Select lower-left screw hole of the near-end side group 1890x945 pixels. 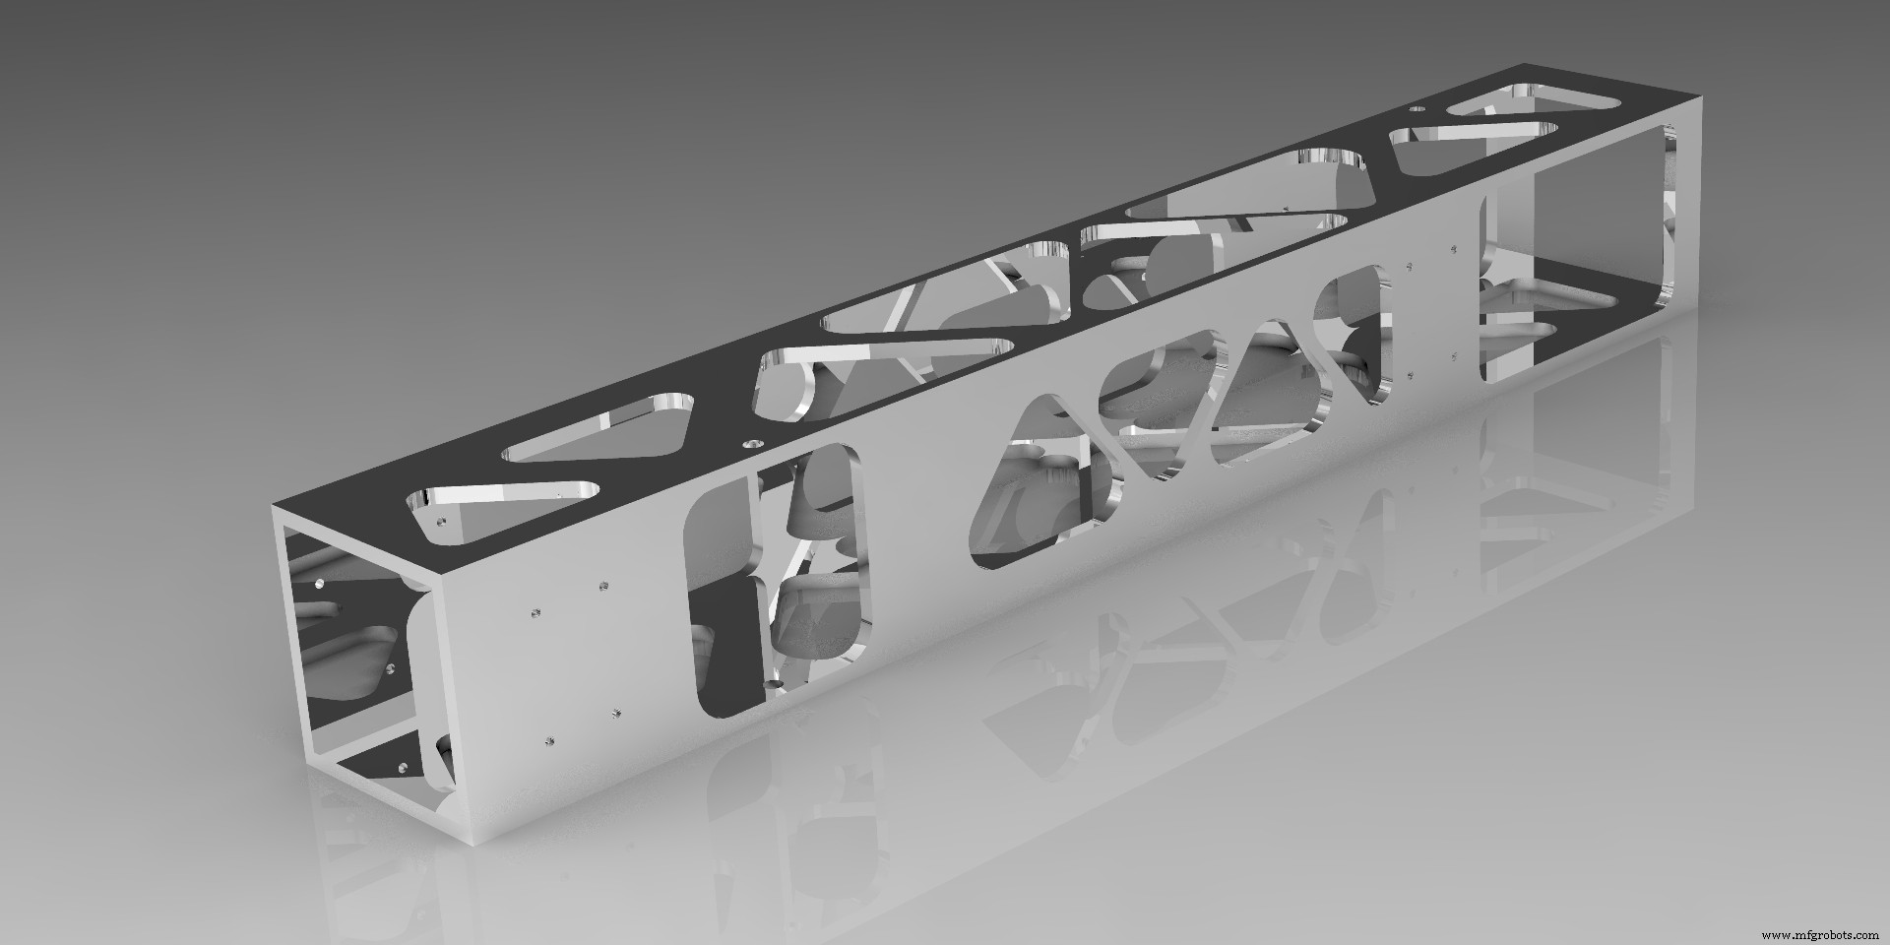click(x=549, y=738)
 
